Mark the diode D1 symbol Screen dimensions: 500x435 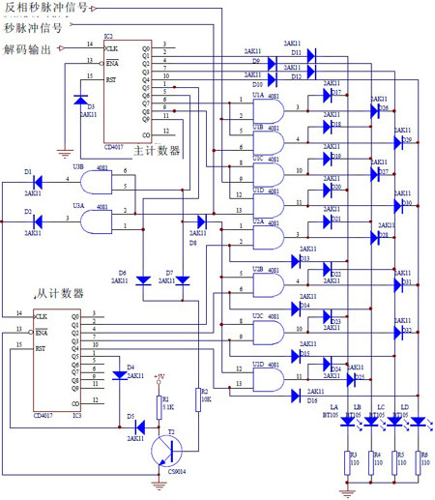[29, 181]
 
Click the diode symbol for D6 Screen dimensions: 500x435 [142, 280]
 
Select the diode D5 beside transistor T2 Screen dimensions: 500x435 [138, 426]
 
